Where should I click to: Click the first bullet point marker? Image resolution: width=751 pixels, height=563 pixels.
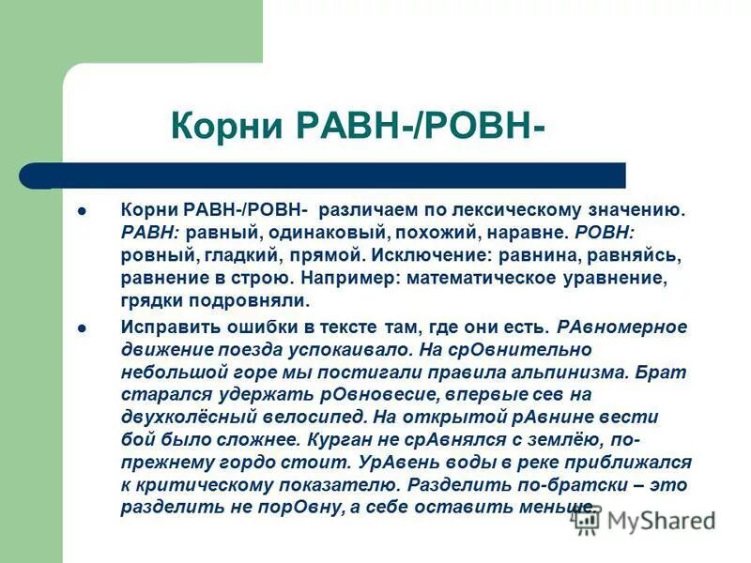82,210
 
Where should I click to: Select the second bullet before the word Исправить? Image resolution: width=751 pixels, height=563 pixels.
82,328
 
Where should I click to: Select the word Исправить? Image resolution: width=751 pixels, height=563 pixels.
167,327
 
